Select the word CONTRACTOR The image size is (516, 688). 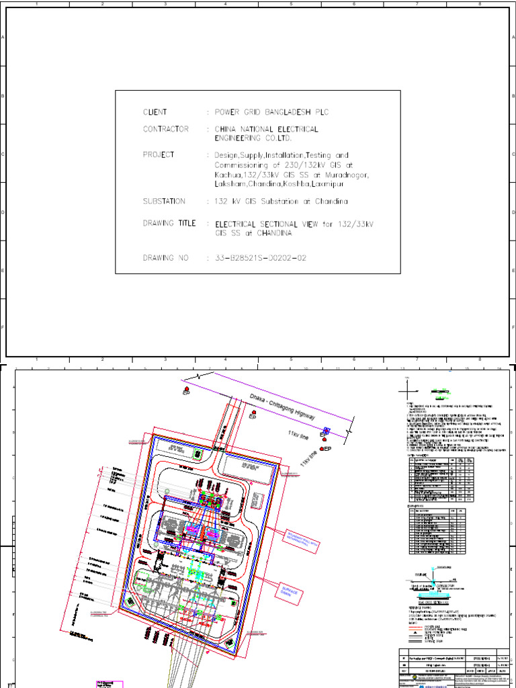pos(165,129)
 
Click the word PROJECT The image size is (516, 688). pos(159,155)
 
